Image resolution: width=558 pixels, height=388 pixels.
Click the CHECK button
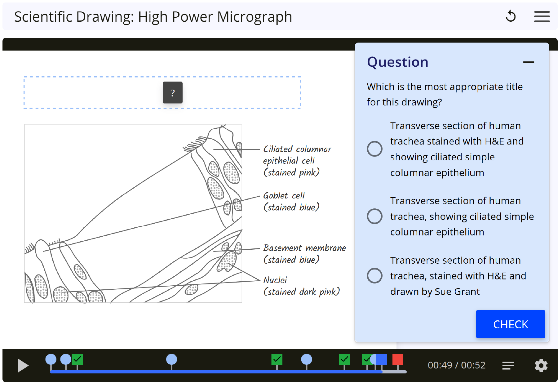pyautogui.click(x=510, y=324)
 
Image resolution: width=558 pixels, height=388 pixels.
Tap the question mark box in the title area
pyautogui.click(x=173, y=92)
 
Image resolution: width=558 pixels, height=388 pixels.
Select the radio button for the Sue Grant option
pyautogui.click(x=374, y=275)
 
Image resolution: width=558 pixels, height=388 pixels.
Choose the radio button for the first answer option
pyautogui.click(x=374, y=149)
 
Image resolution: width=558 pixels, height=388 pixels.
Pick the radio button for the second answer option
pyautogui.click(x=374, y=216)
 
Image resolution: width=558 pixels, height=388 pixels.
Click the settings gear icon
pyautogui.click(x=541, y=366)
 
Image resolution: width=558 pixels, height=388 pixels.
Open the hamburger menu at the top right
pyautogui.click(x=542, y=17)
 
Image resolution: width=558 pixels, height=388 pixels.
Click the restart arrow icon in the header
pyautogui.click(x=511, y=16)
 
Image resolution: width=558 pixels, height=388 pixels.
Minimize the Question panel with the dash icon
pyautogui.click(x=529, y=62)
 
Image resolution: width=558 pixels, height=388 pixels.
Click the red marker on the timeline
pyautogui.click(x=398, y=359)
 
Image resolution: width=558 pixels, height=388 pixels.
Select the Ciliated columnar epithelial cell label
pyautogui.click(x=297, y=161)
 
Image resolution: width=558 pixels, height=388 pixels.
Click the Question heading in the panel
pyautogui.click(x=397, y=62)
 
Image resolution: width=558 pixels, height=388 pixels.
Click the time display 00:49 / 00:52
pyautogui.click(x=456, y=365)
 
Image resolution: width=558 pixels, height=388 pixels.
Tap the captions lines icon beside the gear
pyautogui.click(x=508, y=366)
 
